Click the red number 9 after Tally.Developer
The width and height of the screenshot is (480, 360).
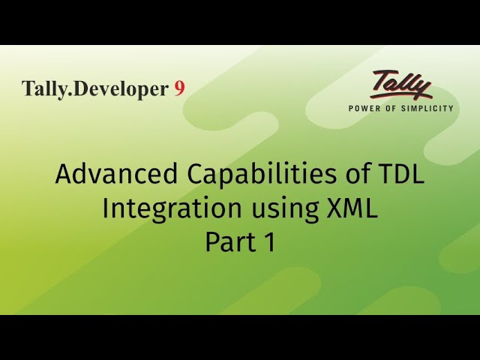[x=179, y=88]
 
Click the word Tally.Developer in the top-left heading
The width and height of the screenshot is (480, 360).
[x=95, y=89]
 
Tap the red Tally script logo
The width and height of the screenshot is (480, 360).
[x=401, y=85]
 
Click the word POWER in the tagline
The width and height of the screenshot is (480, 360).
[x=365, y=108]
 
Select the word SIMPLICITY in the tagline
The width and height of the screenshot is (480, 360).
[x=428, y=108]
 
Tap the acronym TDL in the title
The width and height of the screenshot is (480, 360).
[x=397, y=175]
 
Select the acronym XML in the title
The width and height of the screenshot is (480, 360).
[x=352, y=208]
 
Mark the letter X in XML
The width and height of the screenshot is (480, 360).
[x=335, y=208]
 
